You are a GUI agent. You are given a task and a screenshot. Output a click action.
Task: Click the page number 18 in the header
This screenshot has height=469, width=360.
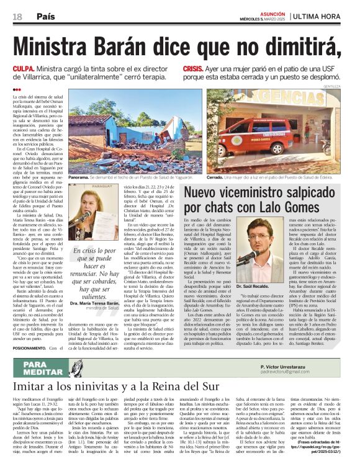pos(16,16)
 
